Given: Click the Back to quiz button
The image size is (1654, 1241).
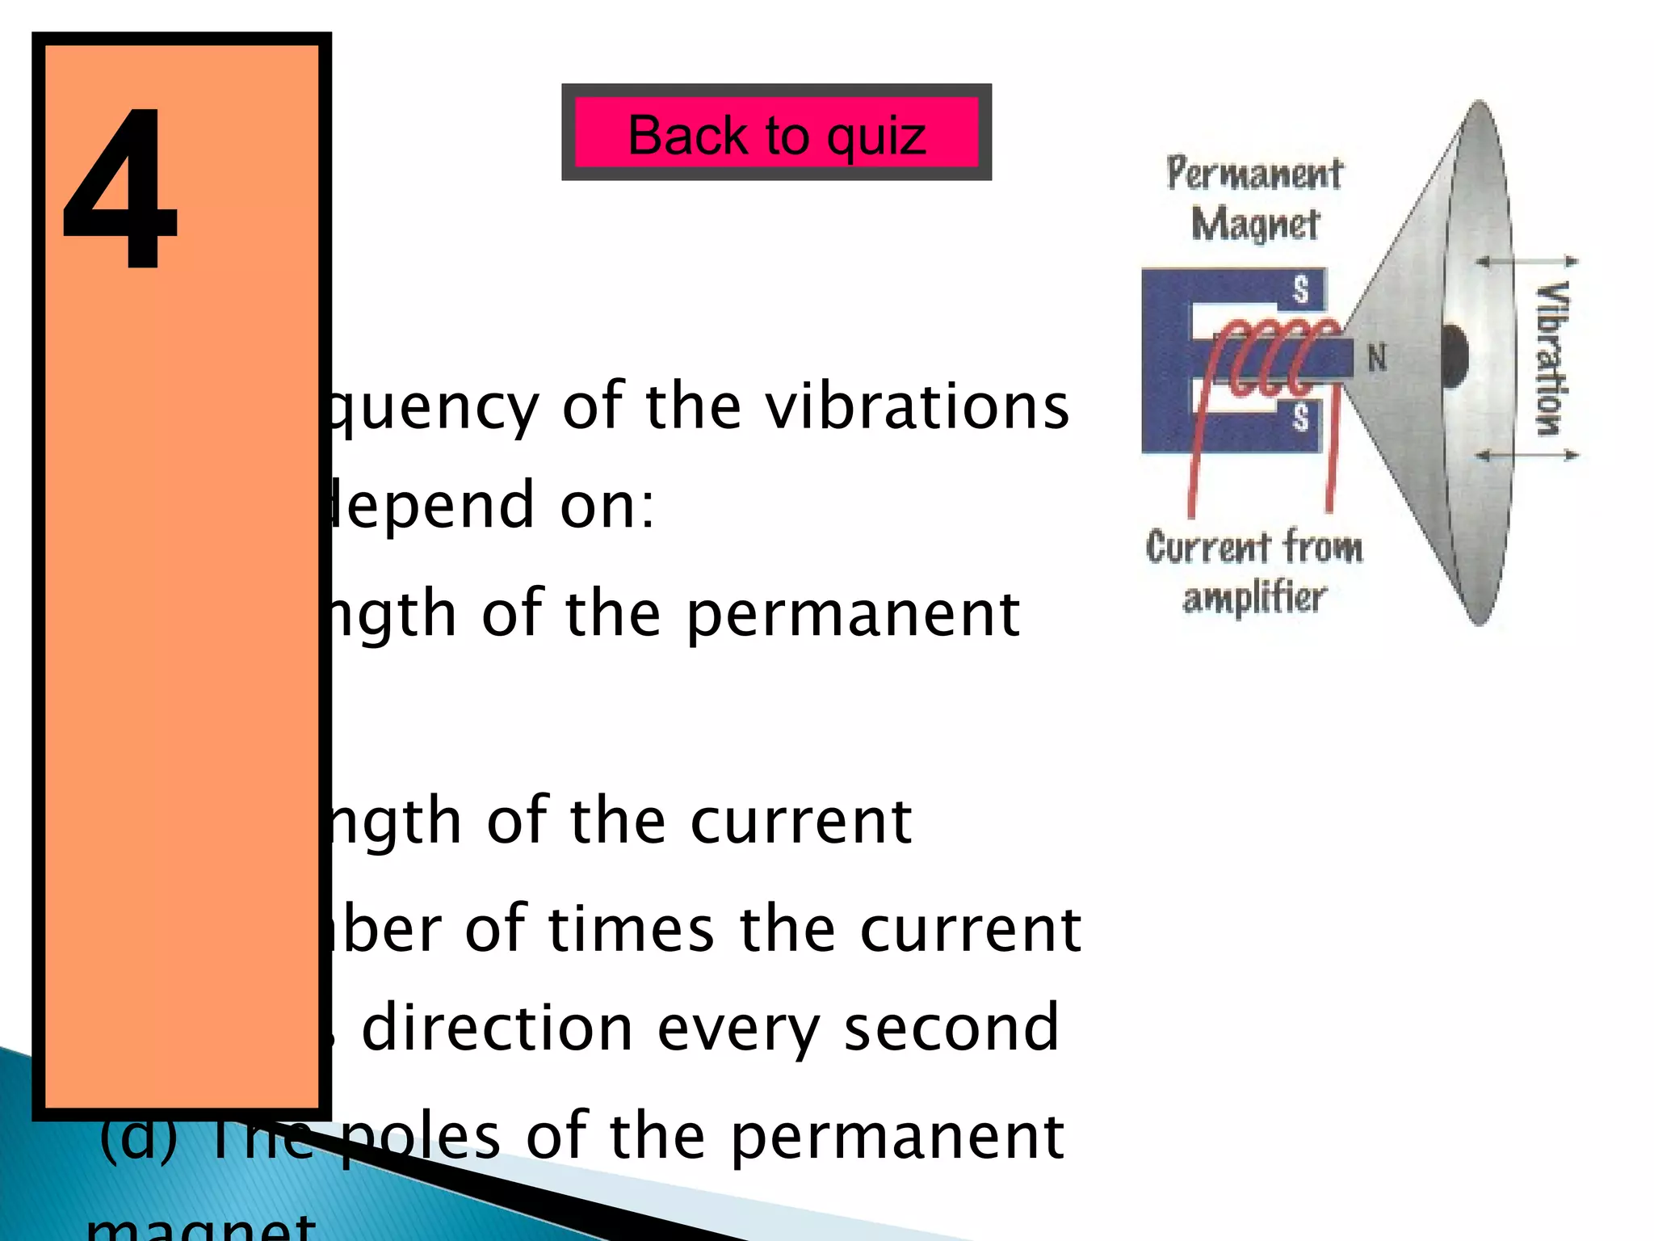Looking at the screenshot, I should [x=776, y=133].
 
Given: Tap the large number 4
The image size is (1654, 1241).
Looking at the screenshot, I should [x=120, y=190].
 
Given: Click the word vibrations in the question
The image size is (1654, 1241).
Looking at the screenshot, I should [x=917, y=406].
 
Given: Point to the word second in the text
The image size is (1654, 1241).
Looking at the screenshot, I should [x=951, y=1028].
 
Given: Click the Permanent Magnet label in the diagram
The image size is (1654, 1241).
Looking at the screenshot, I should [x=1254, y=199].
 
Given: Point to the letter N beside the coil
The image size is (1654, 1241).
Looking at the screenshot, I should [x=1377, y=357].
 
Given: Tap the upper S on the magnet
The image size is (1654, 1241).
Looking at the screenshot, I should [x=1300, y=289].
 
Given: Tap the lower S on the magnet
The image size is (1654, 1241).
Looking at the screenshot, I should [x=1300, y=418].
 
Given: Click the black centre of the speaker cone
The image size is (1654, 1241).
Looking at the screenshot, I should [x=1454, y=355].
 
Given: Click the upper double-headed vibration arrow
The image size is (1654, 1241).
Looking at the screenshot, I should [x=1526, y=261].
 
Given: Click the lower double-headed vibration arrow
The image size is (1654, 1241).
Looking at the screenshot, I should [x=1526, y=456].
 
